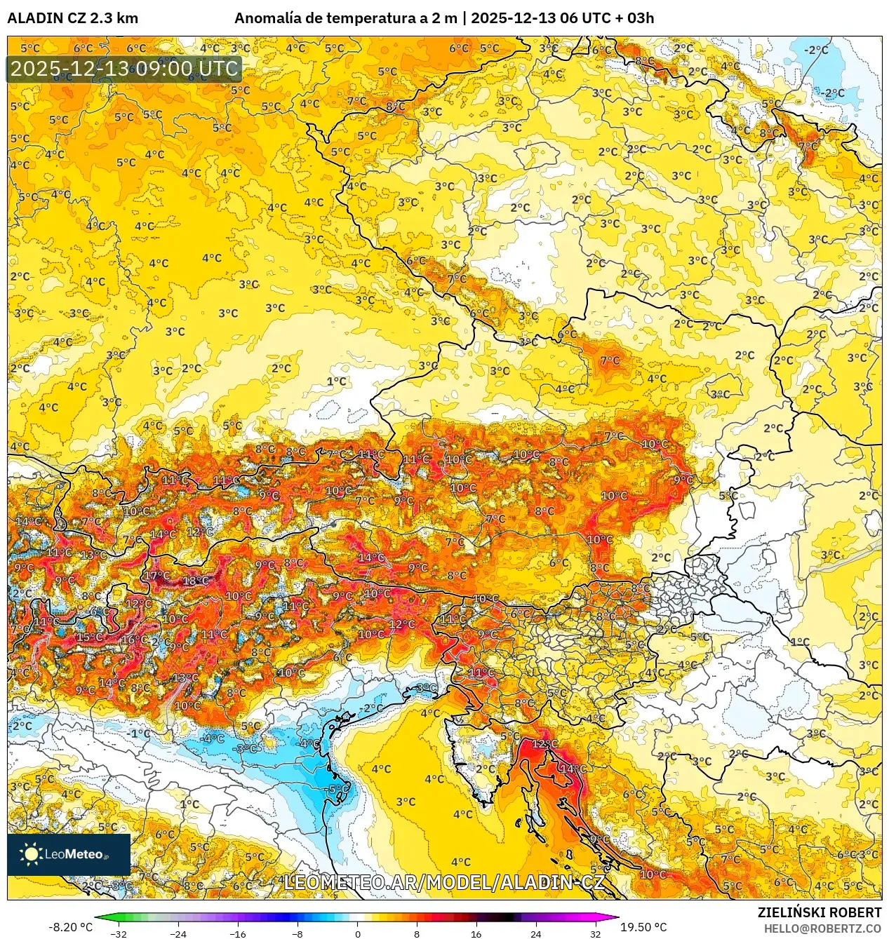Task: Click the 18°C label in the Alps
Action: coord(195,581)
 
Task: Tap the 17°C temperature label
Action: coord(156,576)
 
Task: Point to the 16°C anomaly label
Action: coord(133,640)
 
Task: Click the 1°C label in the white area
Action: coord(337,381)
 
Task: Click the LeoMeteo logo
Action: coord(68,854)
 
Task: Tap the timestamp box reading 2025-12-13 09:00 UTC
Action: coord(124,69)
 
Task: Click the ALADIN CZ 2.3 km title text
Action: coord(72,18)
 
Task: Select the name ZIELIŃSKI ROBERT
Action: coord(819,912)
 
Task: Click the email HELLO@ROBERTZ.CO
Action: coord(822,928)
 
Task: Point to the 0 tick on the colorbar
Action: coord(357,933)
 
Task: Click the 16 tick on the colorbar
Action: coord(476,933)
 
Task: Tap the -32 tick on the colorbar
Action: coord(119,933)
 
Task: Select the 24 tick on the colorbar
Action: coord(535,933)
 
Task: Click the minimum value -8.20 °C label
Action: coord(70,927)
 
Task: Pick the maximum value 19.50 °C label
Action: coord(643,927)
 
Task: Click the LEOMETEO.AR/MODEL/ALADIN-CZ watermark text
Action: coord(443,882)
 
